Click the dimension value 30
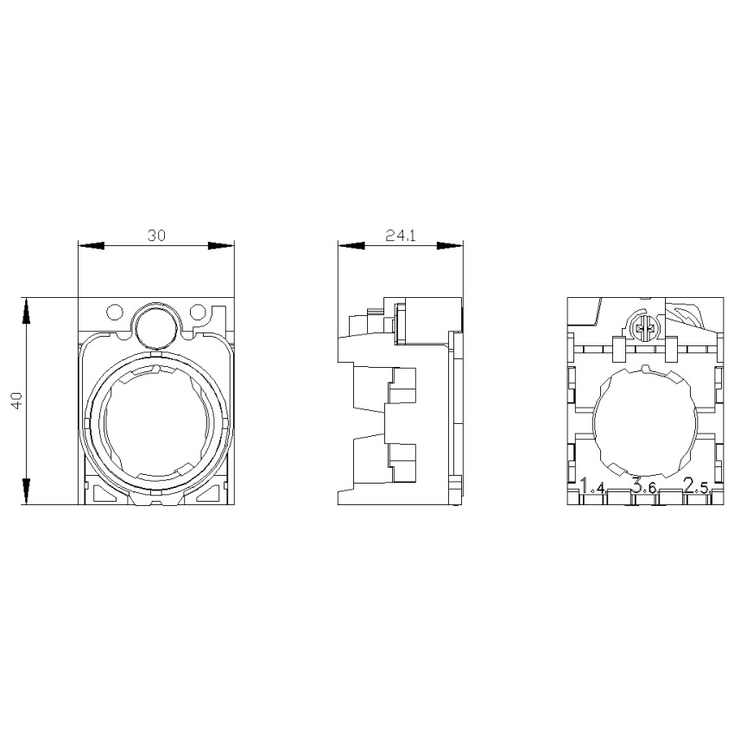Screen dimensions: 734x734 (x=157, y=235)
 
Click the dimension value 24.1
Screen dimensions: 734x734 (x=401, y=236)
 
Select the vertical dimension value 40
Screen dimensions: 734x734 (x=17, y=402)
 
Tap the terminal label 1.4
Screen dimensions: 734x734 (x=592, y=486)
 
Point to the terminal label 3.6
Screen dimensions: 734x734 (x=643, y=486)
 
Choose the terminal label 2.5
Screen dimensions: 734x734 (x=696, y=486)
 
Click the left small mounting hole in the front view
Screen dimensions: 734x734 (x=115, y=311)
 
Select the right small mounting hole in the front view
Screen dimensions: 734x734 (x=198, y=311)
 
